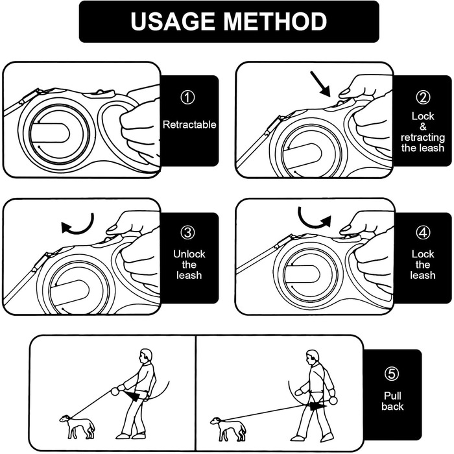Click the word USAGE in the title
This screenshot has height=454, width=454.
173,21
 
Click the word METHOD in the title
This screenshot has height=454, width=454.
275,21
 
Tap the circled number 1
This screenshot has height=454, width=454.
187,97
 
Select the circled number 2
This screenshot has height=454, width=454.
423,97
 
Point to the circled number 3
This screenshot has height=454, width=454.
187,233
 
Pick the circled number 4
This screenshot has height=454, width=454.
423,233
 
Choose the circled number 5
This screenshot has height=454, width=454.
392,374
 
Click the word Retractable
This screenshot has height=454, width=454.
189,125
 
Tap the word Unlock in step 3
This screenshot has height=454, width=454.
189,254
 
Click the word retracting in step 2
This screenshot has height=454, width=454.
423,137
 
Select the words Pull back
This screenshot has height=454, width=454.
392,401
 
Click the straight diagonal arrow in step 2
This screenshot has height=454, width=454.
320,84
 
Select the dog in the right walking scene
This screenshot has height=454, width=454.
228,429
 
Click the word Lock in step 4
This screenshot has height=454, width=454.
423,254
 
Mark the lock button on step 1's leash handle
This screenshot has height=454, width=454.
100,93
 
